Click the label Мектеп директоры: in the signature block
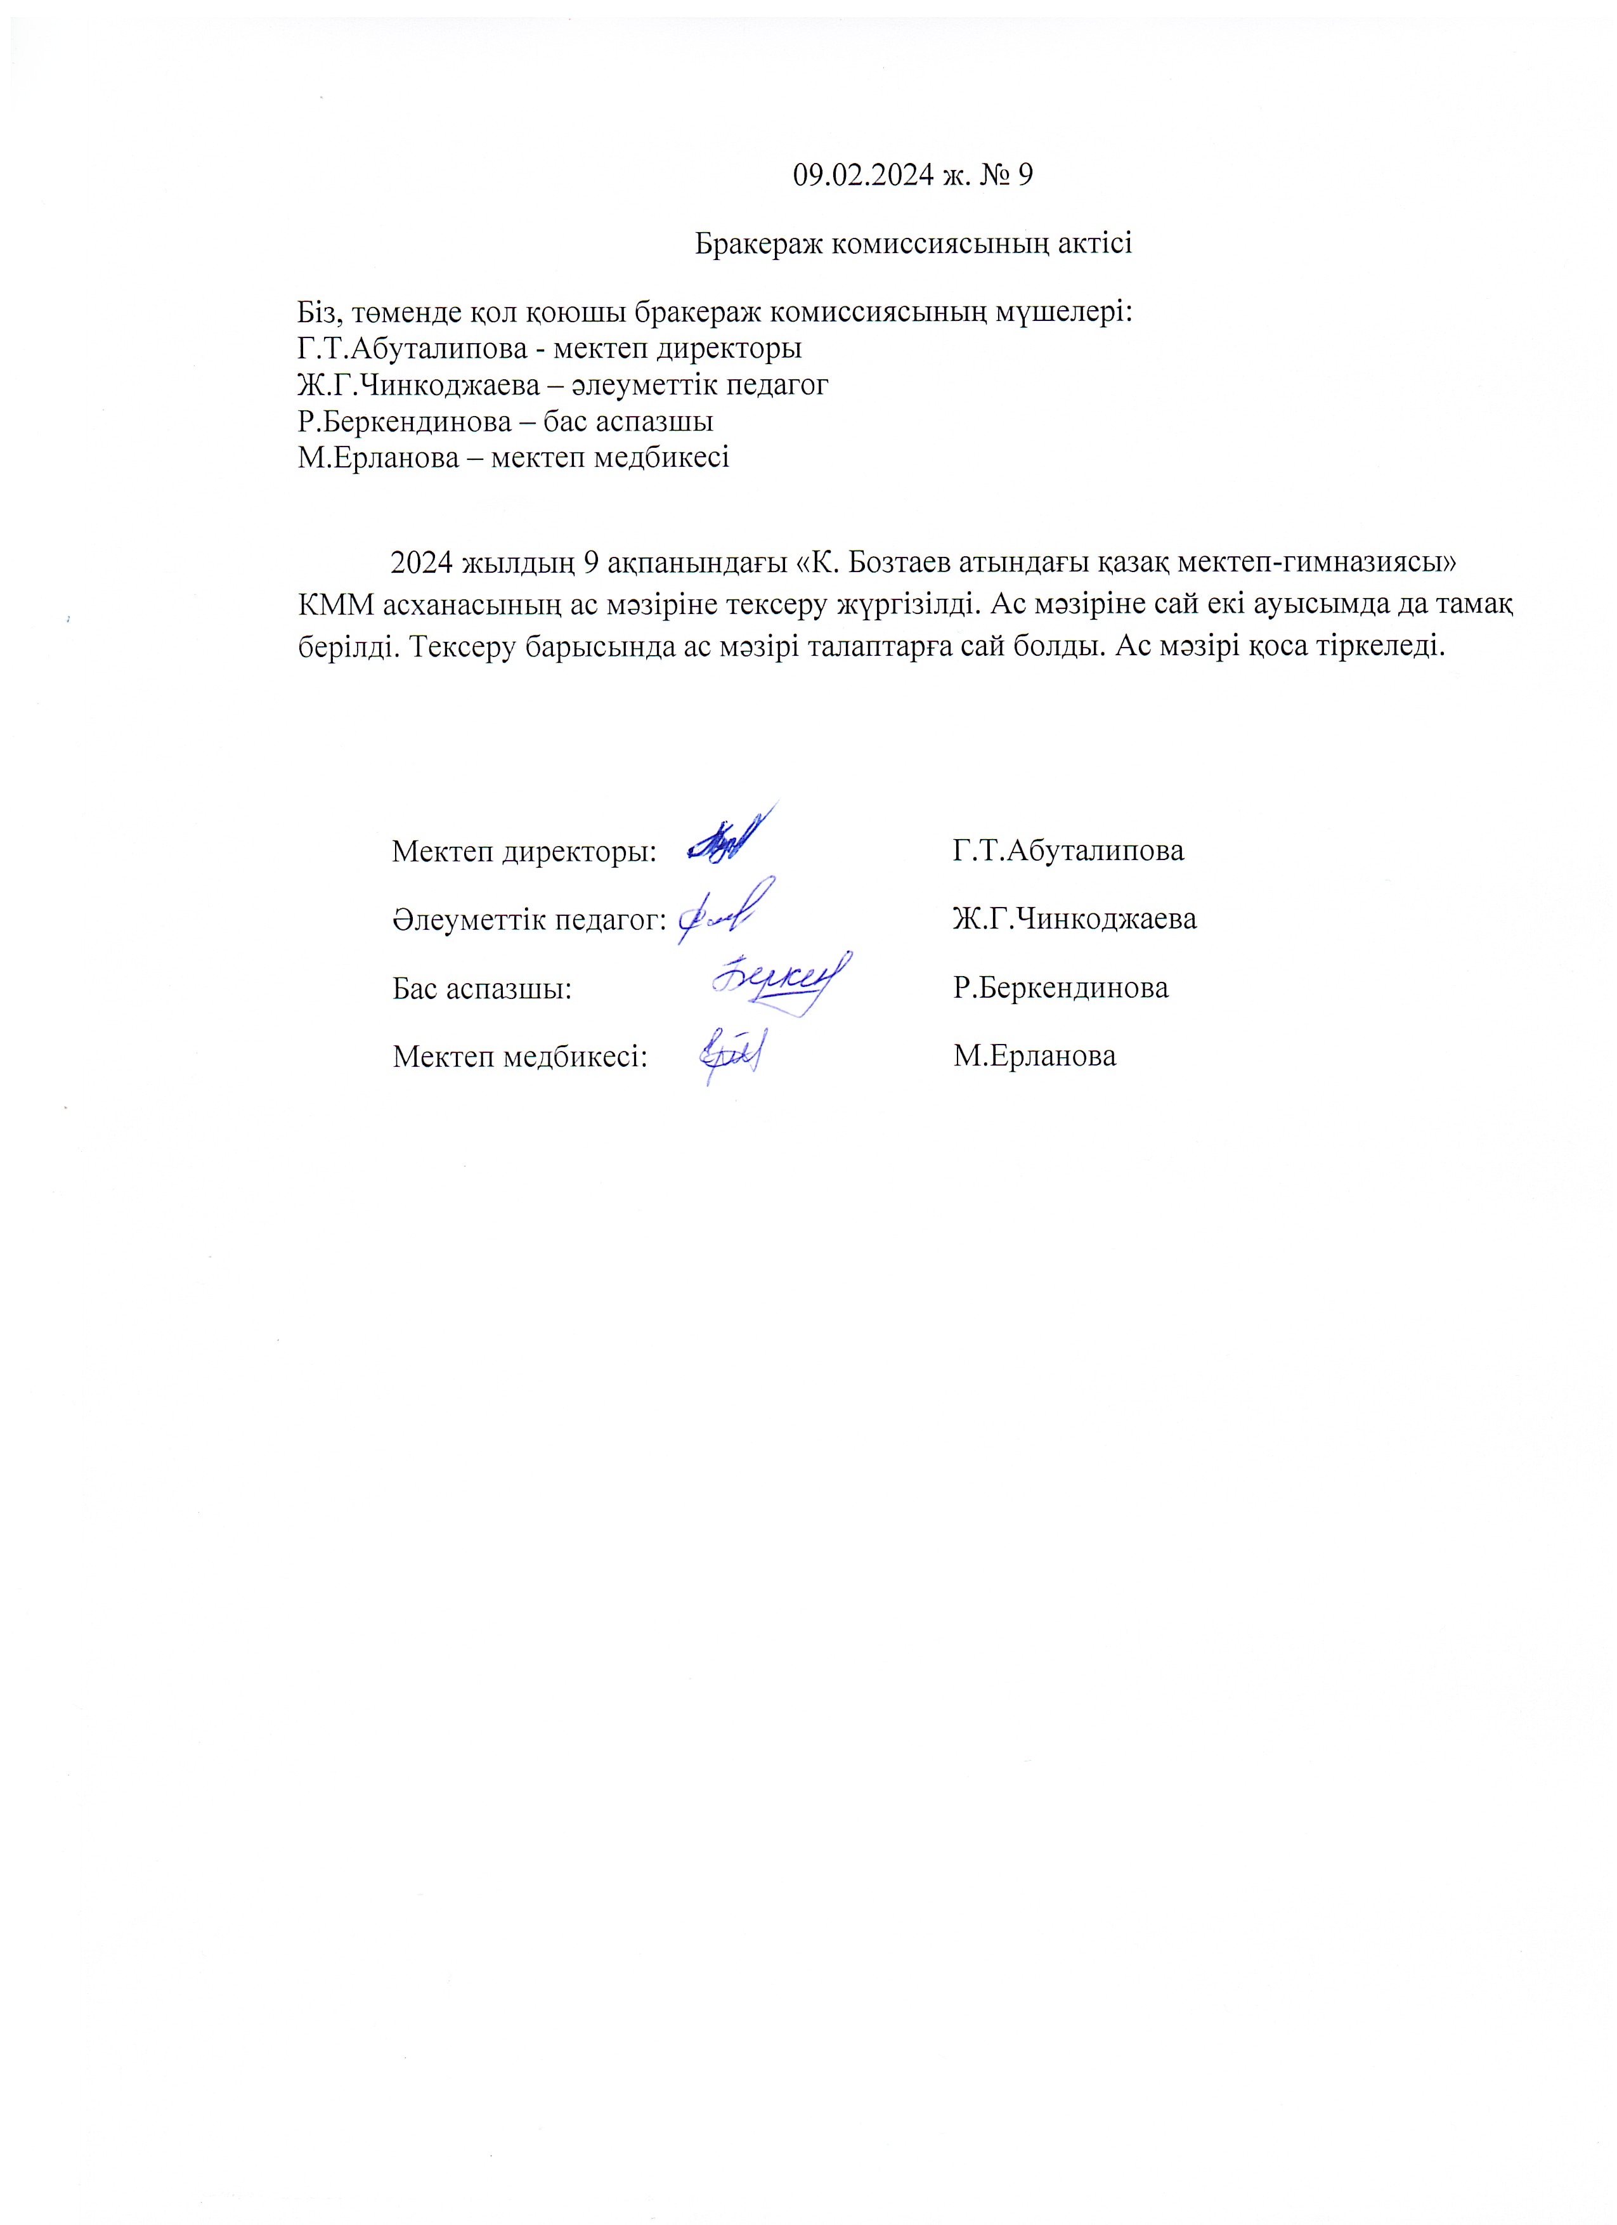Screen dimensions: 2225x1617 524,851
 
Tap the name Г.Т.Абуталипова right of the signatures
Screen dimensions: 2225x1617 1068,851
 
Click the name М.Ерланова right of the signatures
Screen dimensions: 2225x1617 1034,1057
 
